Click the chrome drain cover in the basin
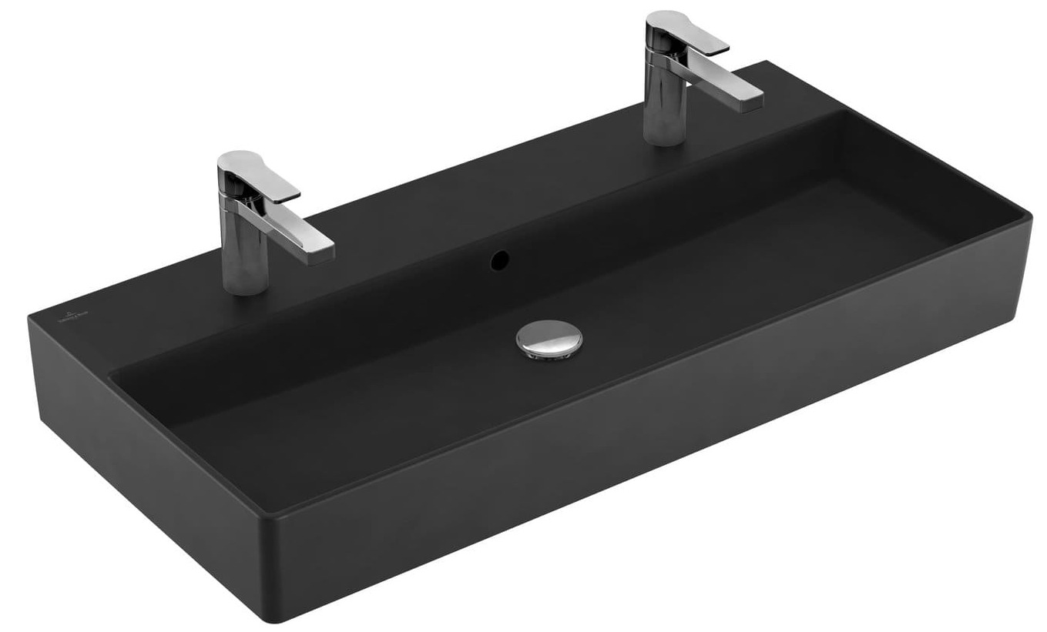point(549,339)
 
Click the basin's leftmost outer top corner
point(29,316)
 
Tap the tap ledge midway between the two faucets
point(462,192)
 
